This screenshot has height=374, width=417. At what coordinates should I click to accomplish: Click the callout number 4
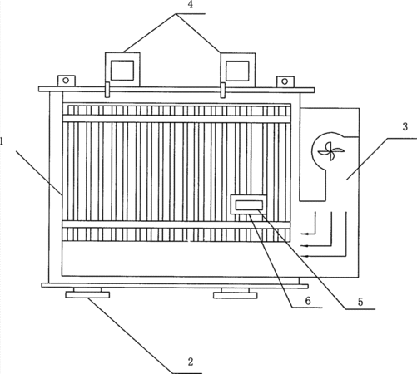tap(191, 6)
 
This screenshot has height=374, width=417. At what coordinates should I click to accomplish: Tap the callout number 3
tap(405, 127)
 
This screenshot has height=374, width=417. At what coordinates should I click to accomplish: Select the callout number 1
tap(1, 142)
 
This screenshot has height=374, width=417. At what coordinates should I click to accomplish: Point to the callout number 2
tap(191, 362)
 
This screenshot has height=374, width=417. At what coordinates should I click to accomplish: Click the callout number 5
tap(360, 302)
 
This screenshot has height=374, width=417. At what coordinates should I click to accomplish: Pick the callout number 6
tap(308, 301)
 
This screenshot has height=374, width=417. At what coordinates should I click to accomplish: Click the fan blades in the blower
tap(330, 151)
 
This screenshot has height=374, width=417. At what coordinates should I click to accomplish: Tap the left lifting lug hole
tap(66, 81)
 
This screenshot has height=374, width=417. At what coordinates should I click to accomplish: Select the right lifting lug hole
tap(285, 81)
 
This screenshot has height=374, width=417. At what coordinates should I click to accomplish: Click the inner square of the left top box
tap(122, 71)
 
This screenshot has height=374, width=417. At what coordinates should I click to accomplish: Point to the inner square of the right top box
tap(237, 71)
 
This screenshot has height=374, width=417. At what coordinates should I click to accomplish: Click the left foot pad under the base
tap(87, 295)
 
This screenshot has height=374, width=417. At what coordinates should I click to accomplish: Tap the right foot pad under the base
tap(236, 295)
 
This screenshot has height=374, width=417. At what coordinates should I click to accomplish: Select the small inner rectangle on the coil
tap(249, 205)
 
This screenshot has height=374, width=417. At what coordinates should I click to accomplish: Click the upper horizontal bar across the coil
tap(176, 119)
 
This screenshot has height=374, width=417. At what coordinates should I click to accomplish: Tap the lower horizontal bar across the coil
tap(176, 224)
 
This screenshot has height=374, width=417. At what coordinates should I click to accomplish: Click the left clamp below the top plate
tap(107, 90)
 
